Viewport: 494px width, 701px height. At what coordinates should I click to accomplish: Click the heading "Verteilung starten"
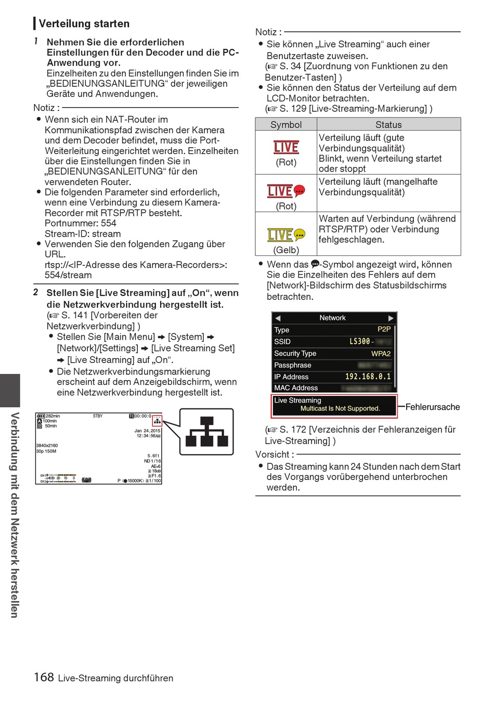[x=84, y=23]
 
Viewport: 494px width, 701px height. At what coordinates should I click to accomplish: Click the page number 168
[x=44, y=677]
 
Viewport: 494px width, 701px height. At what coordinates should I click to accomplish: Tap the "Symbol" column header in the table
[x=286, y=125]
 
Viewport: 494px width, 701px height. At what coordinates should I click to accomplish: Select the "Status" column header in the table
[x=388, y=125]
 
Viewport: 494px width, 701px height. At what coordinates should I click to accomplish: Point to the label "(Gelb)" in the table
[x=286, y=250]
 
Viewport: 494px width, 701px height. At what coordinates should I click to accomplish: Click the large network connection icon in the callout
[x=206, y=432]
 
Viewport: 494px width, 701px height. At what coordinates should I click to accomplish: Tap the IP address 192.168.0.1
[x=368, y=377]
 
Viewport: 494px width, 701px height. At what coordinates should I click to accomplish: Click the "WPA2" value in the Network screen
[x=381, y=354]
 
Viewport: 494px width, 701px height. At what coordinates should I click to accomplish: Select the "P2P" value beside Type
[x=384, y=329]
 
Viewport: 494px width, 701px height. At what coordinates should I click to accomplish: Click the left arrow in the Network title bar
[x=278, y=318]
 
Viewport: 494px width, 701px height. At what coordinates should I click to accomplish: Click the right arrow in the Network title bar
[x=391, y=318]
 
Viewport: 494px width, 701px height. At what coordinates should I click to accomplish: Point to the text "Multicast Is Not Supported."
[x=340, y=409]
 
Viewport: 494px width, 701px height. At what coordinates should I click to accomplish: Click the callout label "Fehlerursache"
[x=433, y=407]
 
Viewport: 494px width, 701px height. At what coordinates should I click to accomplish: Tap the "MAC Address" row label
[x=296, y=388]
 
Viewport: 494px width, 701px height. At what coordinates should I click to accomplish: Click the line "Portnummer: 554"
[x=81, y=223]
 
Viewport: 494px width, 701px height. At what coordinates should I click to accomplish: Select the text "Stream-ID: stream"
[x=83, y=234]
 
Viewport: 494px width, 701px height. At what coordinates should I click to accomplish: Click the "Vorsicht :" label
[x=275, y=454]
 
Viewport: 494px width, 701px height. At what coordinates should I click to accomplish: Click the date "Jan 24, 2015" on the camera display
[x=147, y=431]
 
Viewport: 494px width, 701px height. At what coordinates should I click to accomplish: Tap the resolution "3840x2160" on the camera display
[x=47, y=446]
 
